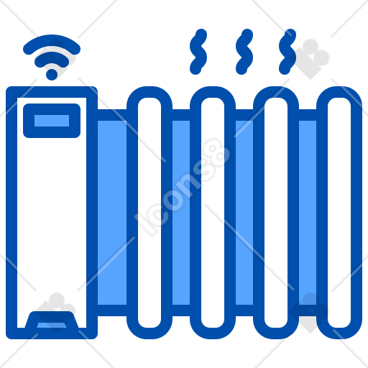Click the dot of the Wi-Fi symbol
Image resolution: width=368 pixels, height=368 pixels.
pyautogui.click(x=52, y=75)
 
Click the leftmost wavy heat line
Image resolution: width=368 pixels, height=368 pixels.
pyautogui.click(x=198, y=52)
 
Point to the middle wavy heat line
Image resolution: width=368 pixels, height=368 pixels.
pyautogui.click(x=244, y=52)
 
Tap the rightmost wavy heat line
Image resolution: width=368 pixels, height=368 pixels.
pyautogui.click(x=287, y=52)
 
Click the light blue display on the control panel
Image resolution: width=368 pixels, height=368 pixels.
pyautogui.click(x=52, y=121)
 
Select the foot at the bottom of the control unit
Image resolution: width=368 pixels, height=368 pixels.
pyautogui.click(x=52, y=321)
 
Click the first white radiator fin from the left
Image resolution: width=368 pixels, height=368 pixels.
pyautogui.click(x=149, y=213)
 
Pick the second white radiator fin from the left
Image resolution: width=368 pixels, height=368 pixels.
pyautogui.click(x=213, y=213)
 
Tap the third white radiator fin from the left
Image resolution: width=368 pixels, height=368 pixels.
pyautogui.click(x=276, y=213)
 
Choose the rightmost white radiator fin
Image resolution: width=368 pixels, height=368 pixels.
pyautogui.click(x=339, y=213)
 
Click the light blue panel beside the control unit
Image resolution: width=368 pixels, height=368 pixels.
pyautogui.click(x=112, y=213)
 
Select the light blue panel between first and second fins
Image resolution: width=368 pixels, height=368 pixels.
pyautogui.click(x=181, y=213)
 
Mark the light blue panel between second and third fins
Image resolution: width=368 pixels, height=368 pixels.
pyautogui.click(x=244, y=213)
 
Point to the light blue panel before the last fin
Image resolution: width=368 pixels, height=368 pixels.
pyautogui.click(x=308, y=213)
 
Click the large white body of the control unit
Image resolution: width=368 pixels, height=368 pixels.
pyautogui.click(x=52, y=216)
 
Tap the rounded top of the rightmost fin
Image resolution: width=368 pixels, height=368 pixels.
pyautogui.click(x=339, y=92)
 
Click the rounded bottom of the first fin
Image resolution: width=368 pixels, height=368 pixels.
pyautogui.click(x=149, y=333)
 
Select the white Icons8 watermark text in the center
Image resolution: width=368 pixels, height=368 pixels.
pyautogui.click(x=182, y=187)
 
